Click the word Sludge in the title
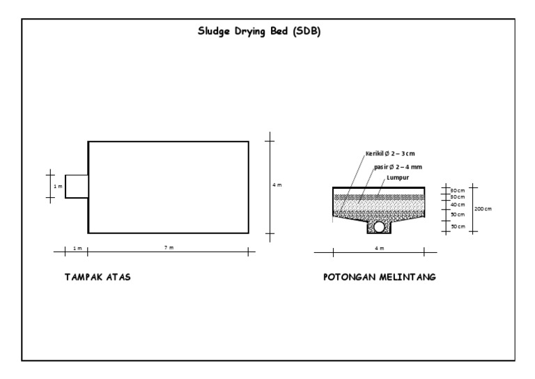[x=215, y=31]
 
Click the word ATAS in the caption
[x=118, y=277]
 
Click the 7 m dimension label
[x=169, y=248]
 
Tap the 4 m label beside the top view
[x=277, y=185]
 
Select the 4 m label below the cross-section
[x=379, y=248]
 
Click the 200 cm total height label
[x=483, y=208]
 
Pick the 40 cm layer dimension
[x=458, y=205]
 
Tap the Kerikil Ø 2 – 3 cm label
[x=390, y=153]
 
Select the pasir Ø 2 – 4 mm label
[x=398, y=167]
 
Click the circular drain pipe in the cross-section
[x=379, y=226]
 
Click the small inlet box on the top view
[x=77, y=186]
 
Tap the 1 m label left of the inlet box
[x=59, y=187]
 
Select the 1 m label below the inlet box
[x=77, y=248]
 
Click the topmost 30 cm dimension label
[x=458, y=190]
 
